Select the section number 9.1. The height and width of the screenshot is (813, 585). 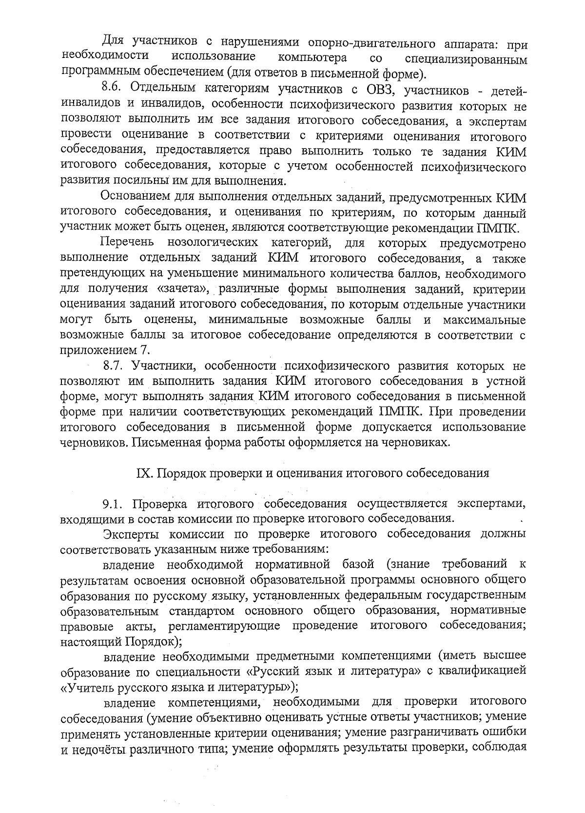113,503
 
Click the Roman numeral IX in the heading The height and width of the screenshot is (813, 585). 140,473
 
